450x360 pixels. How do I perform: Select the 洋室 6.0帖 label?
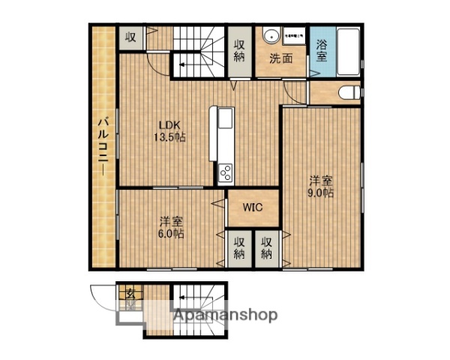[x=172, y=226]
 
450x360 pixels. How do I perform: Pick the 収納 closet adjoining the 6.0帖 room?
[x=238, y=247]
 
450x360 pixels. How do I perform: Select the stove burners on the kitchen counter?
[x=226, y=174]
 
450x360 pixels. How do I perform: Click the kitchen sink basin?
[x=226, y=120]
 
